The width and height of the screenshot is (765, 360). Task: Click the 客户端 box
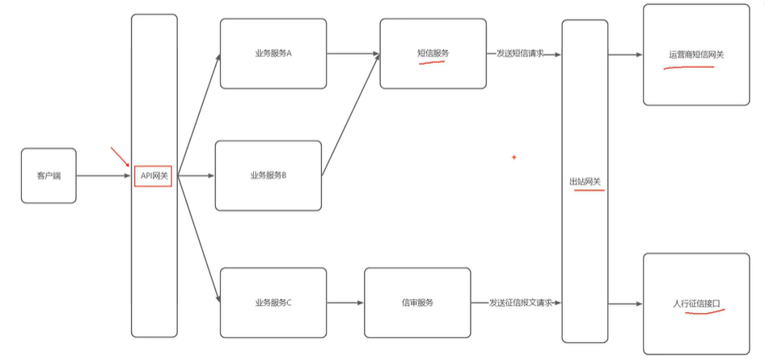pos(49,176)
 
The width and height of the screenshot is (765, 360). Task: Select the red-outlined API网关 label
pos(153,176)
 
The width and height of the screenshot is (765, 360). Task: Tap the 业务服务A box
pos(273,53)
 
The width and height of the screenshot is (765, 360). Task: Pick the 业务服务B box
pos(268,176)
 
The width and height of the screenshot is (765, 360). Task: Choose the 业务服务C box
pos(273,303)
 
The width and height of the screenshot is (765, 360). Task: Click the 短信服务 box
pos(433,53)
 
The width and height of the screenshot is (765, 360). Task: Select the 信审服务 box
pos(417,303)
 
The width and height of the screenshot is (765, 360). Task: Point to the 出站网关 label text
pos(585,182)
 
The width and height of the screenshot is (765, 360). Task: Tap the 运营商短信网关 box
pos(695,55)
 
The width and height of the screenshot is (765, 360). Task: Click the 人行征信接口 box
pos(695,303)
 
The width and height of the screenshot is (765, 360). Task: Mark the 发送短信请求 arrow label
pos(520,53)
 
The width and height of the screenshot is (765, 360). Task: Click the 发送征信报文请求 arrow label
pos(520,303)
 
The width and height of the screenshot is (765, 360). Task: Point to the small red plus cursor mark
pos(514,157)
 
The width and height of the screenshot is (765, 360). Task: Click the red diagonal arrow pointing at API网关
pos(120,156)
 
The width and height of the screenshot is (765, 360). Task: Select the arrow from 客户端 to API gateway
pos(104,176)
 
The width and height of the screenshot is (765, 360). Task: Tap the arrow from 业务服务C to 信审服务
pos(345,303)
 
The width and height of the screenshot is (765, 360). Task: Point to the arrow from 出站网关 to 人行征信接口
pos(625,303)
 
